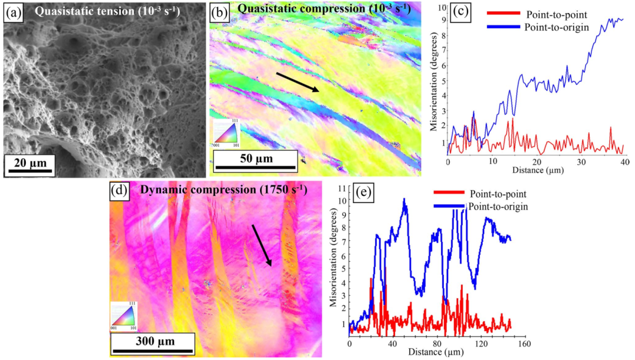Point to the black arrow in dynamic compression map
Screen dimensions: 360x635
[x=262, y=245]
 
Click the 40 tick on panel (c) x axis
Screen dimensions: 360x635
[x=624, y=161]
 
